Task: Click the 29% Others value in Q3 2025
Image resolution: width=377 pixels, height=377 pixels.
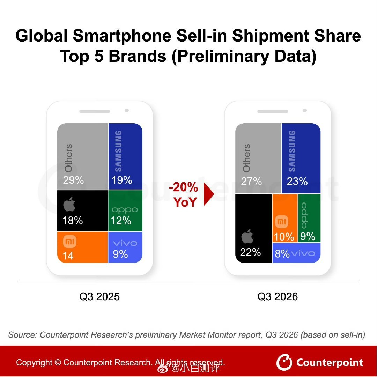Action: click(73, 180)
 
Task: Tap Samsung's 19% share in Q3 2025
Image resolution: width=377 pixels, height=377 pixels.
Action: click(122, 180)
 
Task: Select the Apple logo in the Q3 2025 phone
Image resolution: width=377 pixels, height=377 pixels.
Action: click(69, 204)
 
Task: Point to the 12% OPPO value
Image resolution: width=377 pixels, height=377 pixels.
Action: click(121, 221)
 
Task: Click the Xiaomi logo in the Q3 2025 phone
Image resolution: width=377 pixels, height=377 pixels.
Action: click(70, 242)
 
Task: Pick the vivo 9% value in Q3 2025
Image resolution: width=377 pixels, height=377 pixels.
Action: click(120, 254)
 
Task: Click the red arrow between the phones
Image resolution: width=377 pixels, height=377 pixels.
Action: click(209, 194)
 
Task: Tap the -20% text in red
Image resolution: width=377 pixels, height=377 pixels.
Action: click(184, 187)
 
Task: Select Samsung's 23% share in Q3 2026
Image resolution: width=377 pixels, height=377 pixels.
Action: click(297, 181)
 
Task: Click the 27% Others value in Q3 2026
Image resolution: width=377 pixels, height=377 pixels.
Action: click(251, 181)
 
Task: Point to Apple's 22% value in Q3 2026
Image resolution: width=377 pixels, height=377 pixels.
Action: click(250, 252)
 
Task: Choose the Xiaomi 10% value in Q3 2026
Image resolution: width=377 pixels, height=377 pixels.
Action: click(284, 237)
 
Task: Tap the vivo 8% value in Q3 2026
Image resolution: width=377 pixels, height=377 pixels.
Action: click(282, 254)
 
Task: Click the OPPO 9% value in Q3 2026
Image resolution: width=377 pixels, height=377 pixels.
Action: click(308, 236)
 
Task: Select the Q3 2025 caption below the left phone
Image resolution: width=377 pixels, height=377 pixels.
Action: click(99, 296)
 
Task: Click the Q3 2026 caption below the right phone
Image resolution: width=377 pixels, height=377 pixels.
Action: click(278, 296)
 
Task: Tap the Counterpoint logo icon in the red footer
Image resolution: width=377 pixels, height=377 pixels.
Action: click(284, 362)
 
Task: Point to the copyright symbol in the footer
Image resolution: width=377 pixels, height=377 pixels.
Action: click(58, 362)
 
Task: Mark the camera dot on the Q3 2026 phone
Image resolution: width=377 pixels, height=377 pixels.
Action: click(305, 110)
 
